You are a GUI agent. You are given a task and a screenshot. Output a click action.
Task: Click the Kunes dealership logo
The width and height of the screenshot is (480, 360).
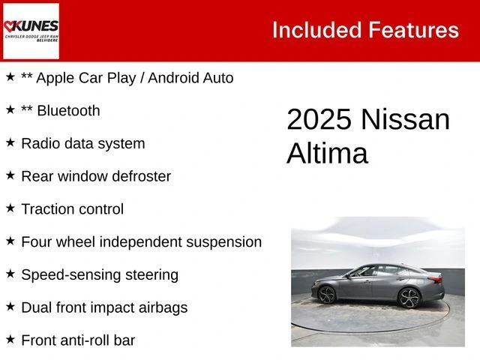point(31,31)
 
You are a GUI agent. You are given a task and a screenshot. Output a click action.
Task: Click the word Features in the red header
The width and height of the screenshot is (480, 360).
point(413,30)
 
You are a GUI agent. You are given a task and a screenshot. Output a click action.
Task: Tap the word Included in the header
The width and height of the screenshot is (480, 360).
point(317,30)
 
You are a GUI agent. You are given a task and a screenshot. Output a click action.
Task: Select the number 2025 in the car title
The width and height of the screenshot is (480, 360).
point(319,119)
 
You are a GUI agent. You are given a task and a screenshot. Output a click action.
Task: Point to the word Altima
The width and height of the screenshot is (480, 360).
point(327,153)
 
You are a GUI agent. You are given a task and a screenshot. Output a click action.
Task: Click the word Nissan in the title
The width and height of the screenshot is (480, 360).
point(405,119)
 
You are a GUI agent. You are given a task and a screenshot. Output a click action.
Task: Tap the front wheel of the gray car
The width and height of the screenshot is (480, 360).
point(327,295)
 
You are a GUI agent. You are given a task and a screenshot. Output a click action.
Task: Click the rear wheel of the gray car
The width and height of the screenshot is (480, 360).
point(409,298)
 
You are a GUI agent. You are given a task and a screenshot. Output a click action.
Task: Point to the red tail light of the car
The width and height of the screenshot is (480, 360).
point(435,278)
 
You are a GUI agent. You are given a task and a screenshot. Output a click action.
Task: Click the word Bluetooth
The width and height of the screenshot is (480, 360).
point(68,110)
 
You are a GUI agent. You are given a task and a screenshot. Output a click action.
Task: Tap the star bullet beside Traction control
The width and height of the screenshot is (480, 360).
point(10,208)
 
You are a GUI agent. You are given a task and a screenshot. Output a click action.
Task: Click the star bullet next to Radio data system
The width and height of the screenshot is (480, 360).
point(10,142)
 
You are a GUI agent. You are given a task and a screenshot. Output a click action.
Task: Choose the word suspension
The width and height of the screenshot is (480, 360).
point(224,242)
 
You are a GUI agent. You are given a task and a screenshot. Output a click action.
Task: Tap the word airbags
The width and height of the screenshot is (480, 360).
point(163,307)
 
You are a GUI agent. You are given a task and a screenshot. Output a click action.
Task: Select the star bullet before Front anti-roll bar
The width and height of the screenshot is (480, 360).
point(10,339)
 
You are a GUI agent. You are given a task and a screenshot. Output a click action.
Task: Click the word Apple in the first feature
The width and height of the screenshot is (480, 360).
point(55,78)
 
